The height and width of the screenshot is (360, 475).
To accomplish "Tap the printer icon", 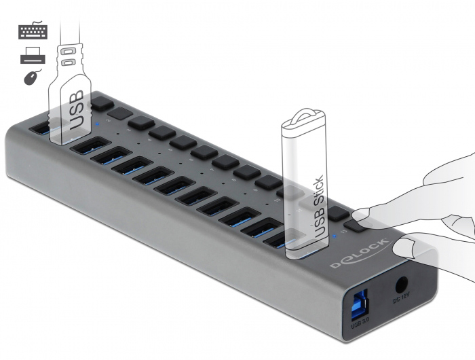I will click(x=31, y=56).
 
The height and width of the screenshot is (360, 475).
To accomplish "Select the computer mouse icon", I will click(x=31, y=78).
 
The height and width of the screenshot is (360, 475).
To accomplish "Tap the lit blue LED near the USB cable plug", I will click(x=99, y=124).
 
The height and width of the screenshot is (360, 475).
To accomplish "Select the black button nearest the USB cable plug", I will click(x=102, y=103).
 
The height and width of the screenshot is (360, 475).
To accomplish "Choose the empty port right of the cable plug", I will click(x=88, y=145).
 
